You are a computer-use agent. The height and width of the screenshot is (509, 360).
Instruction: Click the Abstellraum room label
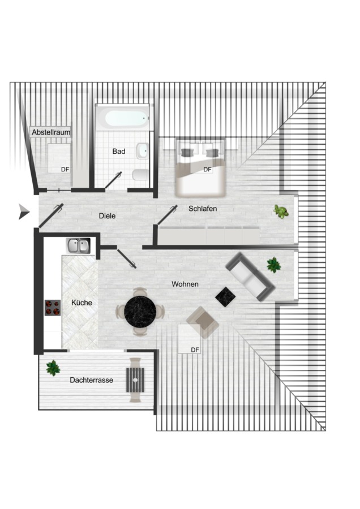pyautogui.click(x=51, y=132)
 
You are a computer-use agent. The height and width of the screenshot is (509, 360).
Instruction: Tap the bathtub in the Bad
pyautogui.click(x=124, y=118)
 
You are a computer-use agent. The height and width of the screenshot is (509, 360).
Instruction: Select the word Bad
pyautogui.click(x=119, y=151)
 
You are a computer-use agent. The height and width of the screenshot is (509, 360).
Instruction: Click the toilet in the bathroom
pyautogui.click(x=139, y=175)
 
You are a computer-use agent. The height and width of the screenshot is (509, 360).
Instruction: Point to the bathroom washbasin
pyautogui.click(x=142, y=151)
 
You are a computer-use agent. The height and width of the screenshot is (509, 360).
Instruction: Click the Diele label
pyautogui.click(x=107, y=216)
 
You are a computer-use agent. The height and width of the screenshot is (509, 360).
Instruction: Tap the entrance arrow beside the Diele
pyautogui.click(x=24, y=212)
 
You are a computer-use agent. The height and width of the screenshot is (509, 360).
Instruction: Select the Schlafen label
pyautogui.click(x=203, y=208)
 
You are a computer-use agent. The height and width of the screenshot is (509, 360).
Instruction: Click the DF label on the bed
pyautogui.click(x=207, y=170)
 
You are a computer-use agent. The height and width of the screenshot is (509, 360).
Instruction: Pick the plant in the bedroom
pyautogui.click(x=281, y=212)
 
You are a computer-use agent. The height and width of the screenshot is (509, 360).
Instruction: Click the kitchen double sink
pyautogui.click(x=78, y=245)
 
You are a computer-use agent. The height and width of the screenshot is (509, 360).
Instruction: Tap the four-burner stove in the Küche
pyautogui.click(x=53, y=308)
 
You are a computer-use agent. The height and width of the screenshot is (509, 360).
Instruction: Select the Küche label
pyautogui.click(x=82, y=303)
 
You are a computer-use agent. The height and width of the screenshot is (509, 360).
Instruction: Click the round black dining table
pyautogui.click(x=140, y=312)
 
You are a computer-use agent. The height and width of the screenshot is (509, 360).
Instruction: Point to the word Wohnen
pyautogui.click(x=185, y=284)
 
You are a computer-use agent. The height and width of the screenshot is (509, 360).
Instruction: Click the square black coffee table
pyautogui.click(x=226, y=296)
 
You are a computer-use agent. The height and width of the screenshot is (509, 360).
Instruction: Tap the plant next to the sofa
pyautogui.click(x=273, y=265)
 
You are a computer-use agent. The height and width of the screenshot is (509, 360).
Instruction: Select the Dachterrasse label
pyautogui.click(x=91, y=380)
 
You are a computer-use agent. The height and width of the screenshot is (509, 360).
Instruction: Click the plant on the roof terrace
pyautogui.click(x=53, y=368)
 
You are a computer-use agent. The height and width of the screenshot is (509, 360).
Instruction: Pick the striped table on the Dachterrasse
pyautogui.click(x=135, y=380)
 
